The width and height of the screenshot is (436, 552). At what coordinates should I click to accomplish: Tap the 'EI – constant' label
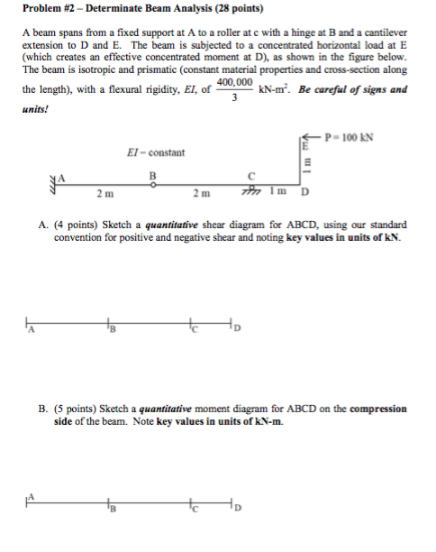tap(156, 152)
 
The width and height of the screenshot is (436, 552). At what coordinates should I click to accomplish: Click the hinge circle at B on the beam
tap(154, 184)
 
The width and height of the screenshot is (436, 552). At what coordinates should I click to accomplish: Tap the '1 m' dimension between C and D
tap(282, 191)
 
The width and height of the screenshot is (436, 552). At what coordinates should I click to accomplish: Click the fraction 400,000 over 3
tap(233, 91)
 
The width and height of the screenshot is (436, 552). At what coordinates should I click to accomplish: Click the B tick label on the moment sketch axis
tap(110, 507)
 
